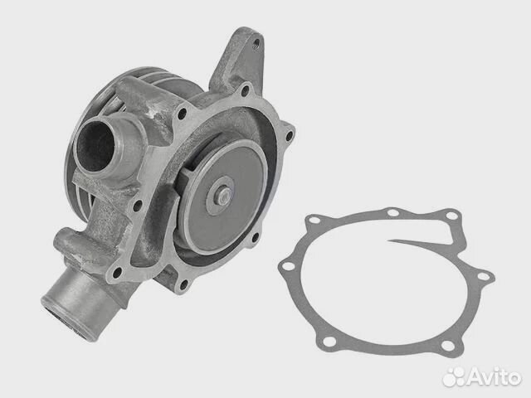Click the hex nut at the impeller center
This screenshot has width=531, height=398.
coord(222,196)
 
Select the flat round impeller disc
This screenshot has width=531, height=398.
coord(223,197)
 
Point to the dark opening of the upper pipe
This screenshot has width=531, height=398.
coord(96,146)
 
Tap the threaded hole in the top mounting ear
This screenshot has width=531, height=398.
coord(256,43)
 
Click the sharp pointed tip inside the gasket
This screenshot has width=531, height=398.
coord(389,241)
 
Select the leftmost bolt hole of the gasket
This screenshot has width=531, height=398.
coord(288,266)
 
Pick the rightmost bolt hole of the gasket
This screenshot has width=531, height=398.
coord(483,276)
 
